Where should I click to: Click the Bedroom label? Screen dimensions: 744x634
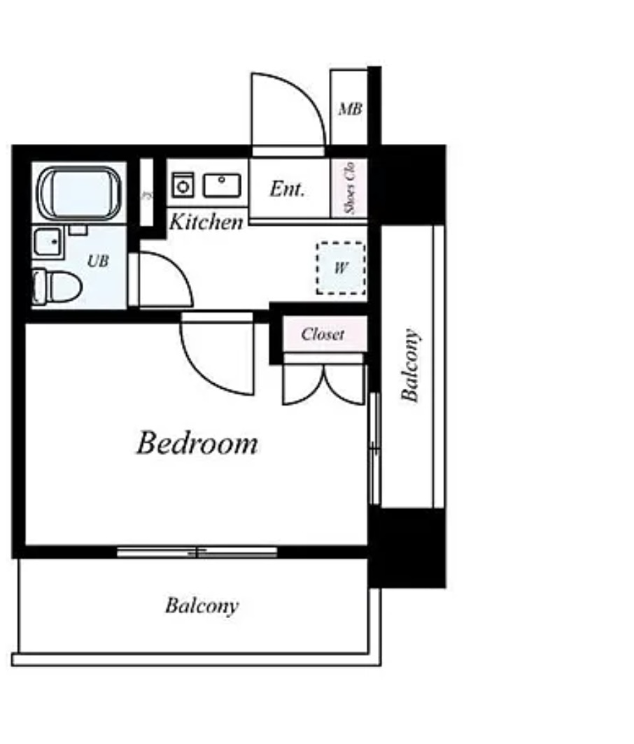click(x=197, y=443)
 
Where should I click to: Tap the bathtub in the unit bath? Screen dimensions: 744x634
click(x=79, y=193)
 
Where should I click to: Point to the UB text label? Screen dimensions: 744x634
click(x=98, y=261)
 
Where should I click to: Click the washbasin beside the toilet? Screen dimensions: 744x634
click(x=48, y=242)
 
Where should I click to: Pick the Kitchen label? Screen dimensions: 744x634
click(x=206, y=222)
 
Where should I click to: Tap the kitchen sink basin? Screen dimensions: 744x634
click(x=222, y=185)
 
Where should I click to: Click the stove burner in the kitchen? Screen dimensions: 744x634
click(x=183, y=185)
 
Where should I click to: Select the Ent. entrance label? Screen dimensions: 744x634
click(x=287, y=189)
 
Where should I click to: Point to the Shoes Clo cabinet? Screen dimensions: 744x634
click(x=349, y=187)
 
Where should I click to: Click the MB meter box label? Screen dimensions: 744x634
click(x=350, y=108)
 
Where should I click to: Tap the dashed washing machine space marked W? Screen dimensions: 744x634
click(x=341, y=268)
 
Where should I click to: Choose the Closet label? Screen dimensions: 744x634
click(x=323, y=334)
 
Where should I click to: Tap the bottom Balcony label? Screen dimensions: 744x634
click(x=202, y=606)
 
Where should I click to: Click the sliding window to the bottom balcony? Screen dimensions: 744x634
click(x=197, y=552)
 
